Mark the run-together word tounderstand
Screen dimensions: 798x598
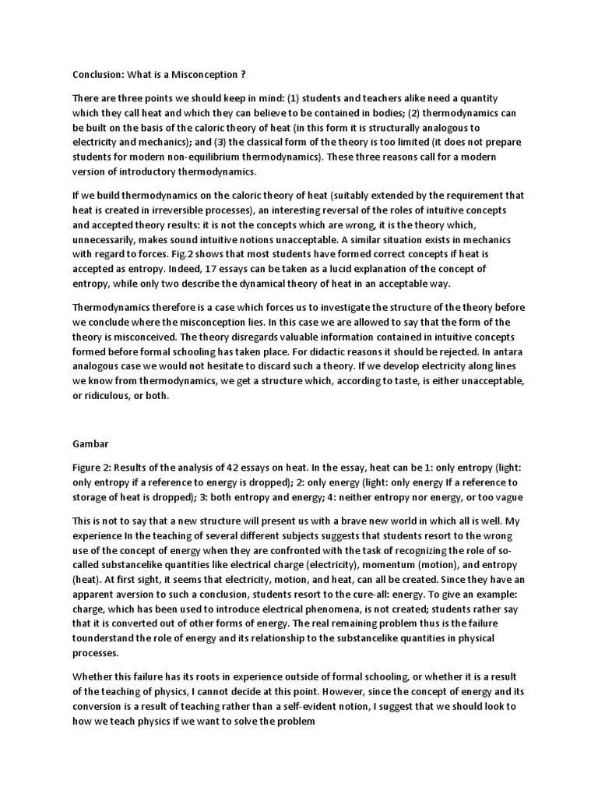(x=109, y=637)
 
